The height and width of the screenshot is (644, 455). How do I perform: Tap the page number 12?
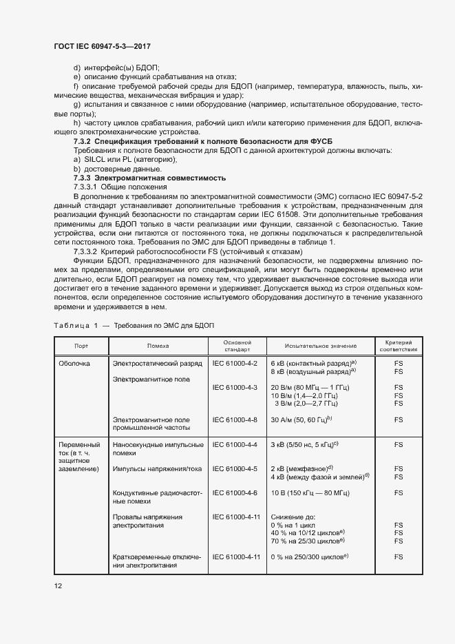tap(58, 585)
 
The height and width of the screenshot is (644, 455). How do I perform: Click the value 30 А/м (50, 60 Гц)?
tap(301, 419)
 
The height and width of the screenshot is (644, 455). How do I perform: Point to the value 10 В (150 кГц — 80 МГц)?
tap(310, 493)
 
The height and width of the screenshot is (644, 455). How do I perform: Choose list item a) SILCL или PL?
tap(118, 159)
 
